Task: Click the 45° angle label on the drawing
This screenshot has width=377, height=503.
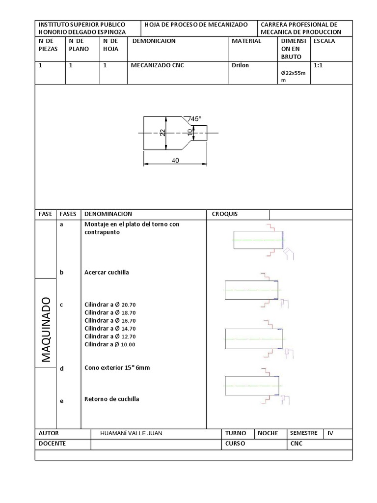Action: (196, 119)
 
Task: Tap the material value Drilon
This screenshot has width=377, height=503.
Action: (240, 65)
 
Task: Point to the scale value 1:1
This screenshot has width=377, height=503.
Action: (319, 65)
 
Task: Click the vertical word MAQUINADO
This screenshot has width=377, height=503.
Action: (46, 330)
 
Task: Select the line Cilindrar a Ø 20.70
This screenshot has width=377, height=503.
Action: (110, 305)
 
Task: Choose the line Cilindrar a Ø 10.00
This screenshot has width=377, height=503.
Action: (110, 344)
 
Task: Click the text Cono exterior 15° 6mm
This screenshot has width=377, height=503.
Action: (117, 367)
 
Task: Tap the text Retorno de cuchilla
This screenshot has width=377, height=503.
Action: (112, 399)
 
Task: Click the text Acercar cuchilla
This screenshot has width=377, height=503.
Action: (107, 272)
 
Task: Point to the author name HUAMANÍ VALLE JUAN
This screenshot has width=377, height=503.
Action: (131, 433)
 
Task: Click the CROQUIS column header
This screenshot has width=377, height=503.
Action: (224, 214)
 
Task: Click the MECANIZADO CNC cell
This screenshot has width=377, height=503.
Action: (157, 65)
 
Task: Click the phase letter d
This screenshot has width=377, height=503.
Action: (61, 369)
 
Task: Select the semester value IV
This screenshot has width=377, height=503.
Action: (330, 433)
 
